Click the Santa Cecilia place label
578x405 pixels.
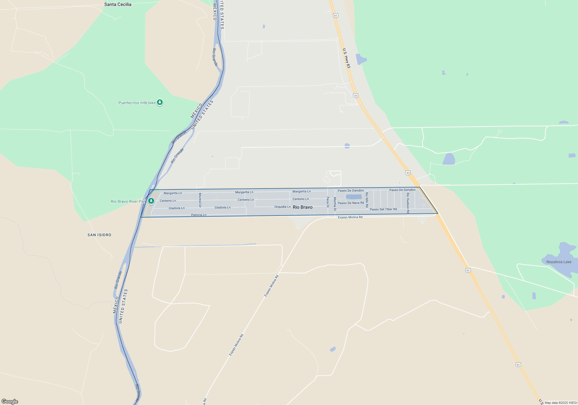click(118, 4)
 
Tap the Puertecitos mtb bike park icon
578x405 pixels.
click(160, 102)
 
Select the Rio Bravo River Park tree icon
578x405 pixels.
click(151, 201)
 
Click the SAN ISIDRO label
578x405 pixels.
click(99, 235)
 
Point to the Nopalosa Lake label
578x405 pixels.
click(559, 262)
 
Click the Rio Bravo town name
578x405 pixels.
click(303, 207)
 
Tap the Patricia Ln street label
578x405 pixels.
click(199, 215)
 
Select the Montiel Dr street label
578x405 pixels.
click(200, 200)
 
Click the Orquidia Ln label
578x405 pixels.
click(282, 207)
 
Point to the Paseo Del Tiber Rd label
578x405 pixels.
click(383, 209)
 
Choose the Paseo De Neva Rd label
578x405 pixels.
click(351, 203)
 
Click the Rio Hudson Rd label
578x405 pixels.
click(408, 203)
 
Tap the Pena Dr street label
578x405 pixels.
click(328, 202)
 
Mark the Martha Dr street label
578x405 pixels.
click(335, 204)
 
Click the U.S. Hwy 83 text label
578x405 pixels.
click(346, 58)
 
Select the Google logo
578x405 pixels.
click(10, 402)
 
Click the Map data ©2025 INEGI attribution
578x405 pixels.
click(560, 403)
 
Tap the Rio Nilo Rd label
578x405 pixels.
click(367, 200)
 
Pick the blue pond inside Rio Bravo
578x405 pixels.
click(354, 197)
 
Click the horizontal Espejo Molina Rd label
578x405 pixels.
click(350, 217)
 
